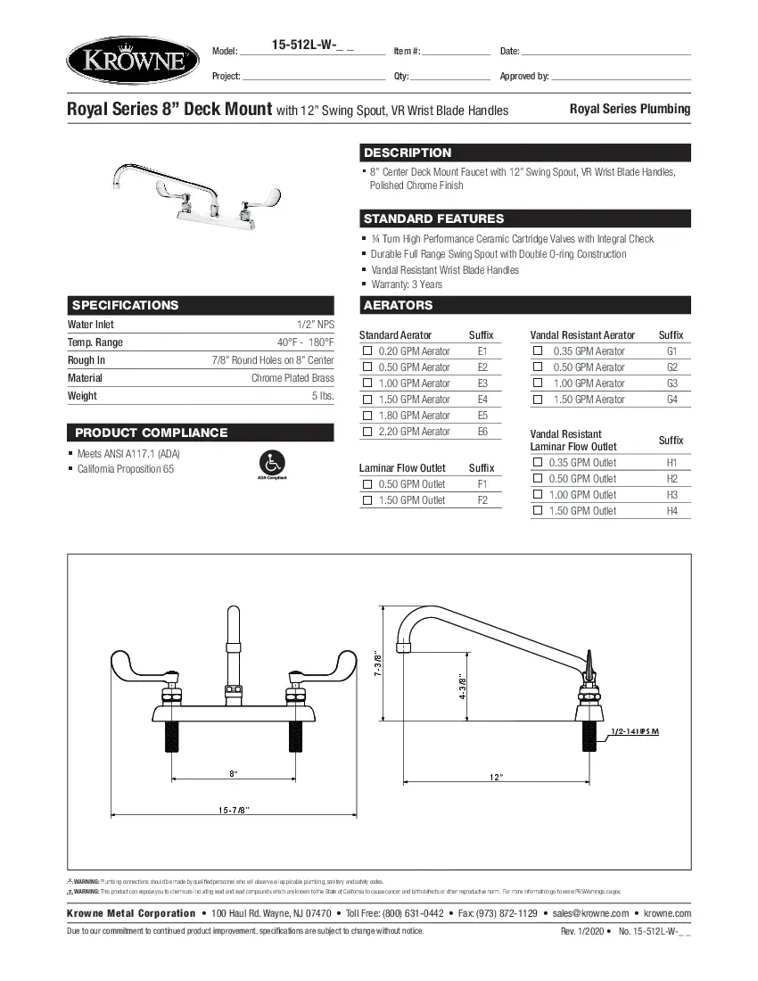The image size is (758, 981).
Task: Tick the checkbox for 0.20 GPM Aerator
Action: (x=367, y=351)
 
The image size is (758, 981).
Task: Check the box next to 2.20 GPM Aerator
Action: (x=367, y=432)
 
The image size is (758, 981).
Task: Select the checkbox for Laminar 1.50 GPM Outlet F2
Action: (x=367, y=500)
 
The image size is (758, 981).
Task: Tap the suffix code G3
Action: (x=671, y=383)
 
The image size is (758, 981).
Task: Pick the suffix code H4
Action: (x=671, y=511)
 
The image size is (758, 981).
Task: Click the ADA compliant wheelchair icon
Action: (x=271, y=463)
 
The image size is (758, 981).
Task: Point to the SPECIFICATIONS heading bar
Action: (x=201, y=305)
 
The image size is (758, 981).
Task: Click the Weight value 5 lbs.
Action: (x=322, y=396)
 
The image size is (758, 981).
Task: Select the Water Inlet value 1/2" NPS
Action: (x=316, y=325)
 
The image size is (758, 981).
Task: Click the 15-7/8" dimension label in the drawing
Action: (x=234, y=810)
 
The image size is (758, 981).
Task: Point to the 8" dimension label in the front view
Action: (x=233, y=772)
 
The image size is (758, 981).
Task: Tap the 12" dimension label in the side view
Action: (x=497, y=778)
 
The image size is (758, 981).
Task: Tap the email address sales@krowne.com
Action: (x=590, y=913)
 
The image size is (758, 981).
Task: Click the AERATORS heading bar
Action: (x=525, y=305)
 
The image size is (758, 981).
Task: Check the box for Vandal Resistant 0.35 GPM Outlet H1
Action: (x=538, y=463)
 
